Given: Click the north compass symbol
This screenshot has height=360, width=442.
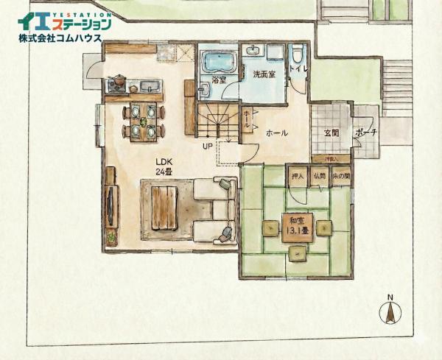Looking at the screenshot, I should click(390, 312).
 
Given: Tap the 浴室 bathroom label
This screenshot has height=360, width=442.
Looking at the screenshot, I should click(219, 79).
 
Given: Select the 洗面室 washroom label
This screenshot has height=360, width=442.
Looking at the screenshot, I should click(264, 74).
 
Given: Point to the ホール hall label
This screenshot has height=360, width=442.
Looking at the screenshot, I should click(276, 133).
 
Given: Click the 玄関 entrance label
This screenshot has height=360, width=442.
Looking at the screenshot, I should click(331, 133).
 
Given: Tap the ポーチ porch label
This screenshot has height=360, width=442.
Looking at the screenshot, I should click(366, 133).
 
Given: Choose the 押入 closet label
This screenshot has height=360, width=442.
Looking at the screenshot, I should click(298, 177).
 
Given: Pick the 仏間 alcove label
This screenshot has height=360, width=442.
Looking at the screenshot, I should click(320, 177).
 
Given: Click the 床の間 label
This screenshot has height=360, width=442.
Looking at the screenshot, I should click(341, 177).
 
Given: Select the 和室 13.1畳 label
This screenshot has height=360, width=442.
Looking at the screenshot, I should click(298, 225).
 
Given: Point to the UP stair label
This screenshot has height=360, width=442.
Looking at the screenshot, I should click(208, 145).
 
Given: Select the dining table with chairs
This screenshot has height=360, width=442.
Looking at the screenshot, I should click(144, 121).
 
